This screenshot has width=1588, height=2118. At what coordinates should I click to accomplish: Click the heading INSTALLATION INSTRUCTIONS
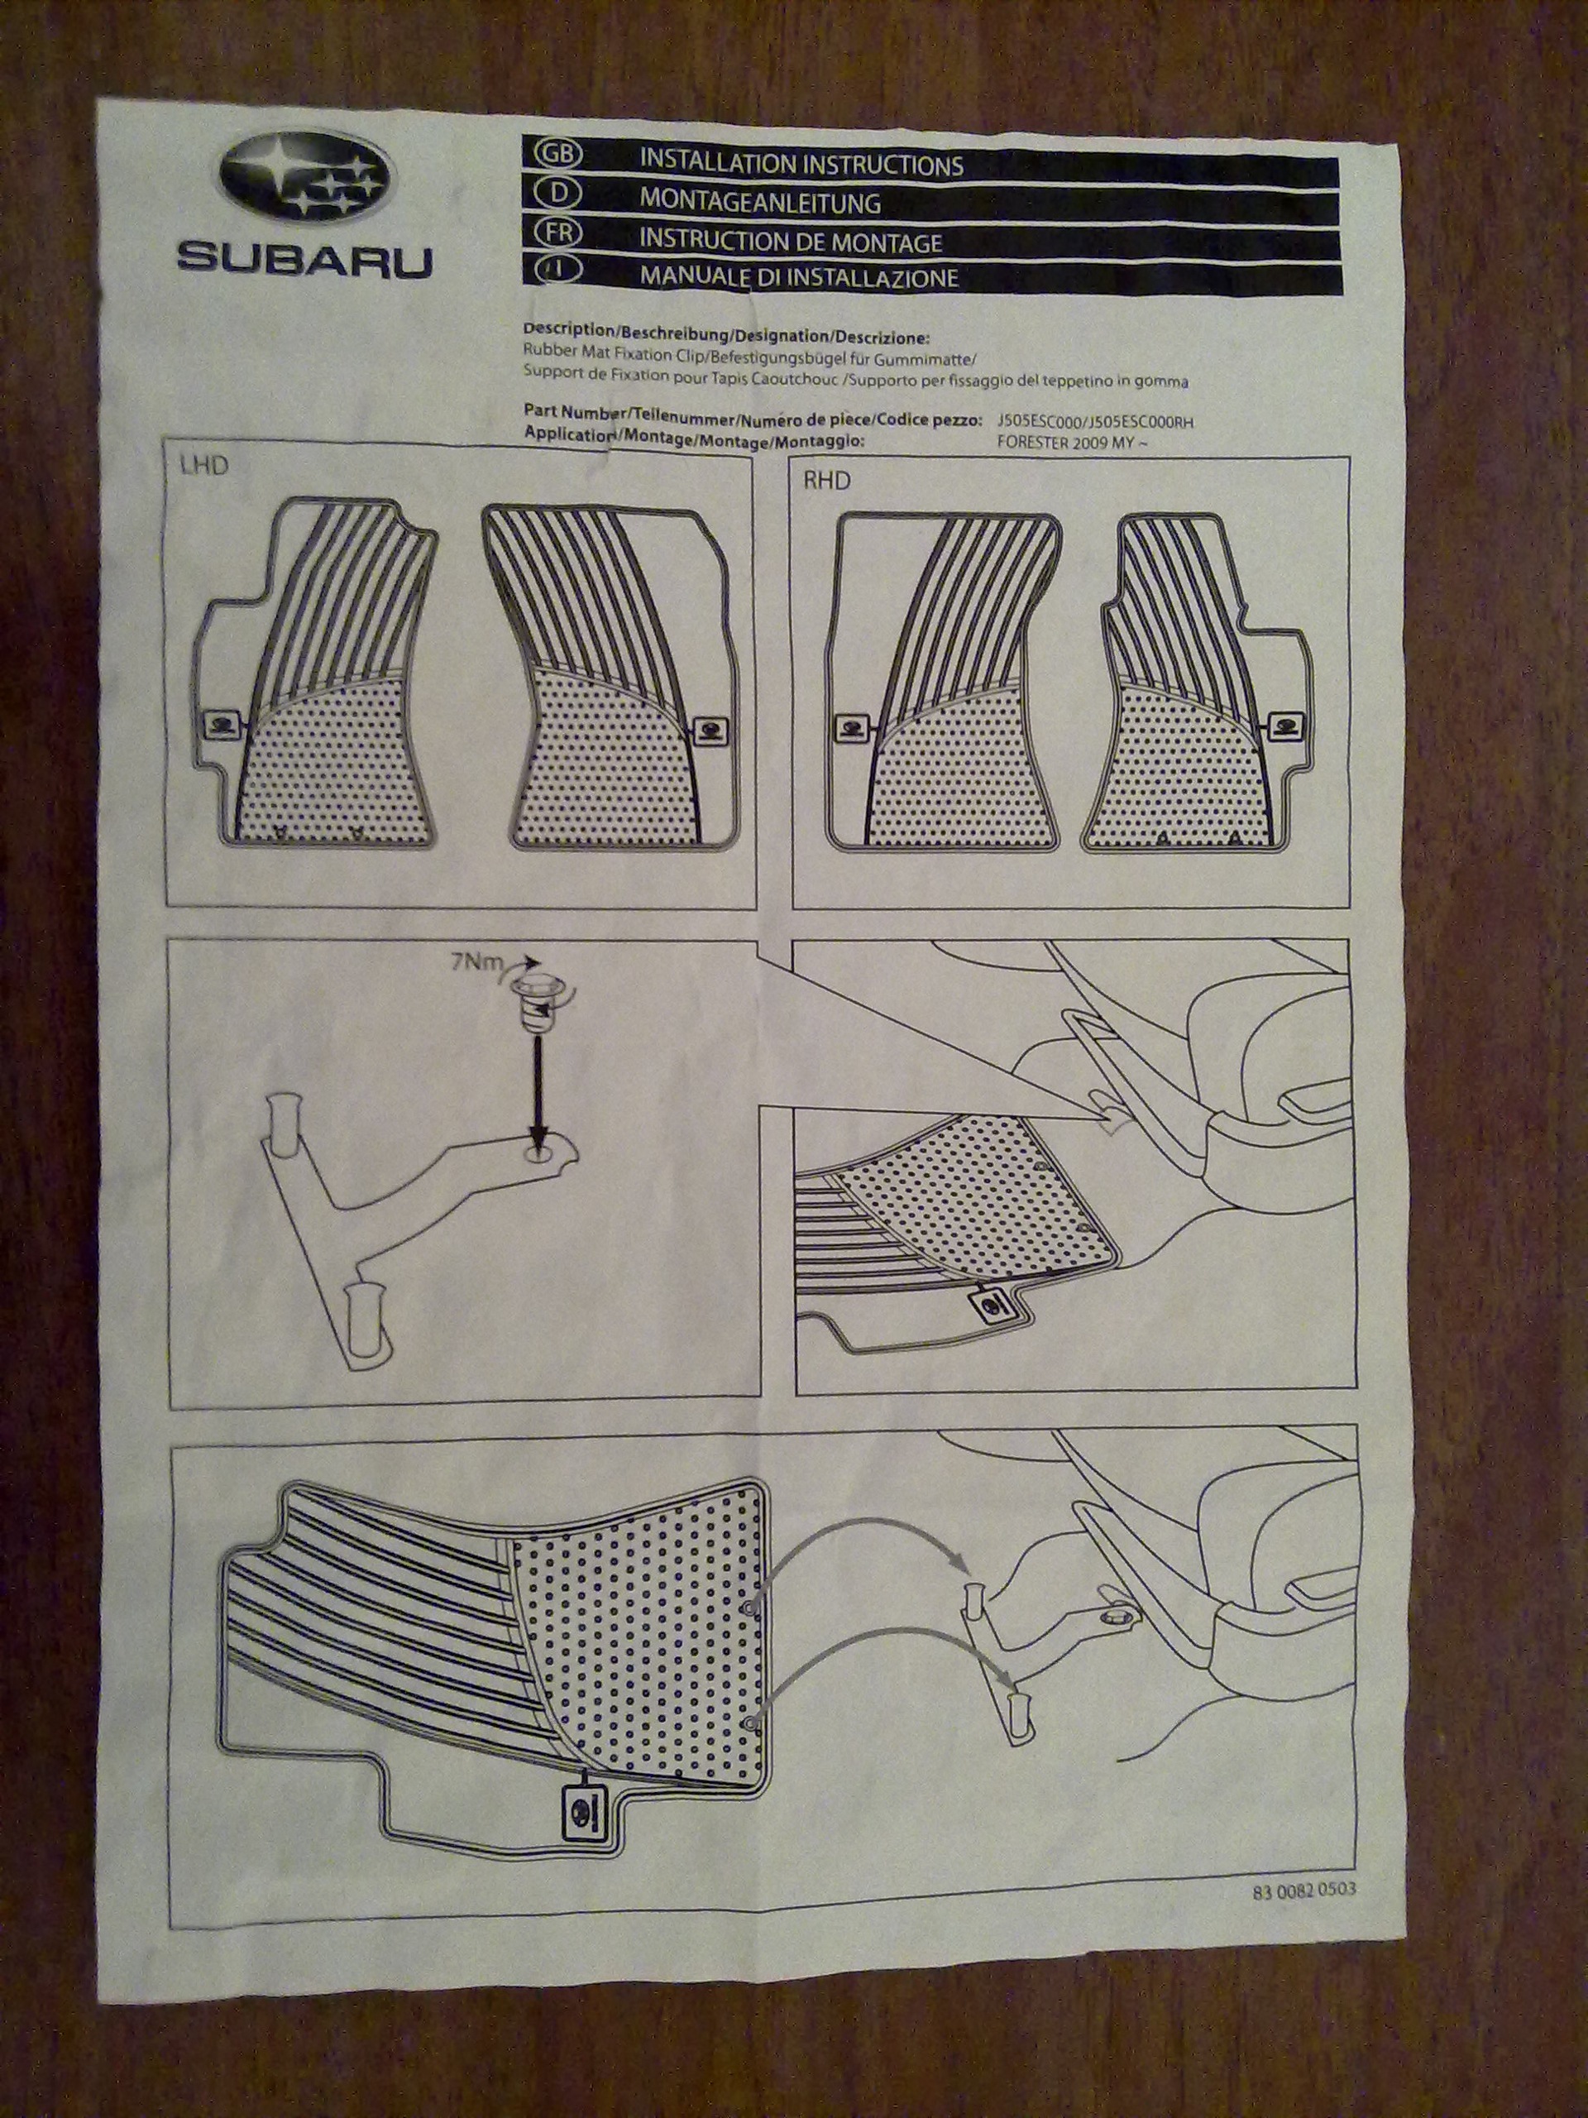pos(801,165)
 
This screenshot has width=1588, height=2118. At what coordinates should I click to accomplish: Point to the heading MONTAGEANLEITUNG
pos(760,203)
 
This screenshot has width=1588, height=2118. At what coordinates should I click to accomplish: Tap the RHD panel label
pos(826,480)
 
